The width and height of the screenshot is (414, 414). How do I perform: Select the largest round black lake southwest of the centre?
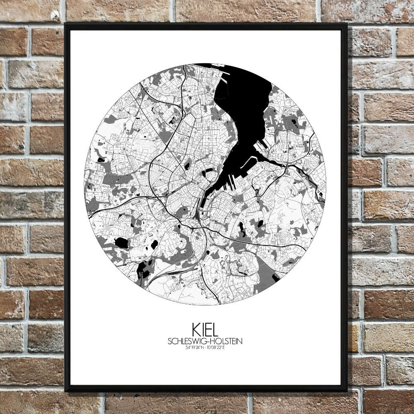point(121,243)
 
